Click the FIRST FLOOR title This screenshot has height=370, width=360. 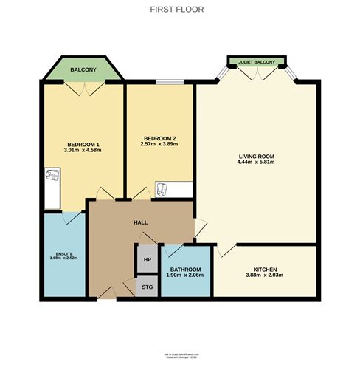(x=177, y=10)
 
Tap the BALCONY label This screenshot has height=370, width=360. (x=83, y=70)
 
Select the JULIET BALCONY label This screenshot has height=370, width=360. (x=256, y=62)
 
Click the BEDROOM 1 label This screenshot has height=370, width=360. (x=83, y=144)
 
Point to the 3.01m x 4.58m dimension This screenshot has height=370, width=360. (x=83, y=151)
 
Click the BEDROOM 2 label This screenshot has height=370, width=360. (x=159, y=139)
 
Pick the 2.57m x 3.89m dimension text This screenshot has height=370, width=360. (x=159, y=145)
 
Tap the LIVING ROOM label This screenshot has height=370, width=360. (x=256, y=156)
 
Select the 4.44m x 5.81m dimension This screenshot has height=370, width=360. (x=256, y=163)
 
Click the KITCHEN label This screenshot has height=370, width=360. (x=264, y=270)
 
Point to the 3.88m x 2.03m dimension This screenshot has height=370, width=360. (x=264, y=276)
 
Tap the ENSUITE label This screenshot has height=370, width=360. (x=64, y=252)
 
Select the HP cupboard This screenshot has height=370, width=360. (x=147, y=259)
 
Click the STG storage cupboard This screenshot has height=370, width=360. (x=147, y=286)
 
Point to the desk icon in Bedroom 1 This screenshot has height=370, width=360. (x=51, y=177)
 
